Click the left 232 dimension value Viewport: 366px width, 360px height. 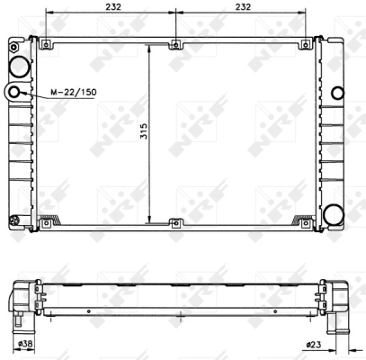pos(113,6)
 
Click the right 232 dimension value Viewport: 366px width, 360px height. pos(243,6)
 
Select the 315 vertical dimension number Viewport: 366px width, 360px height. pos(144,130)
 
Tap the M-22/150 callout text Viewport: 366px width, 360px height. pos(74,92)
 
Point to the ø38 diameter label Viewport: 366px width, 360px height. pos(25,344)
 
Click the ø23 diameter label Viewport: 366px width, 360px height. pos(313,345)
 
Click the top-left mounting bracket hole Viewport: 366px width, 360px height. pos(46,45)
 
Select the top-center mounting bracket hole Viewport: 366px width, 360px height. pos(176,45)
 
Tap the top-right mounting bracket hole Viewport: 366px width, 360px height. pos(306,45)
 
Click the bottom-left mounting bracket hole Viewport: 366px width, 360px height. pos(46,223)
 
